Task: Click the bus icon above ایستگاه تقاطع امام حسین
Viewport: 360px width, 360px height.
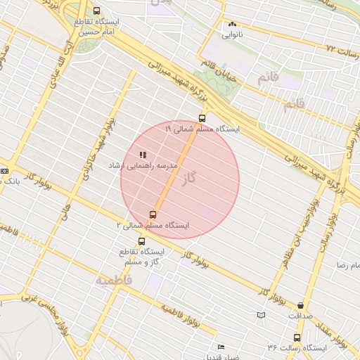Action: (x=96, y=11)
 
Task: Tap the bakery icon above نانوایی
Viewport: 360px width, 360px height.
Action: (x=232, y=24)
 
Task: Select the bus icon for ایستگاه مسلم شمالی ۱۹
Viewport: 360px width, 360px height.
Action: (x=202, y=118)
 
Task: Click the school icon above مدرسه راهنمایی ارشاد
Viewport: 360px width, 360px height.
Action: (x=143, y=155)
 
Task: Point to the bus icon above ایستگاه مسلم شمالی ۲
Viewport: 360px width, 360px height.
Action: (x=153, y=214)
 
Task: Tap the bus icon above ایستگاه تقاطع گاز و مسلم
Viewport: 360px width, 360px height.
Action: (x=142, y=241)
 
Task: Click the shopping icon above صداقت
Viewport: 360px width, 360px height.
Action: (x=301, y=305)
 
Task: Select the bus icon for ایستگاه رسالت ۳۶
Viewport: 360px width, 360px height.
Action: (x=297, y=337)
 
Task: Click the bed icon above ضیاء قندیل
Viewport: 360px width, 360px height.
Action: (x=221, y=347)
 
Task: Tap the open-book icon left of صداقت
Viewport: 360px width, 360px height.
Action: (x=262, y=315)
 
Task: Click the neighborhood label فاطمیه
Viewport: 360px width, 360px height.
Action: (x=112, y=280)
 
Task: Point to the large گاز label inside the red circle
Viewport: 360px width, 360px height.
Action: (x=188, y=179)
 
